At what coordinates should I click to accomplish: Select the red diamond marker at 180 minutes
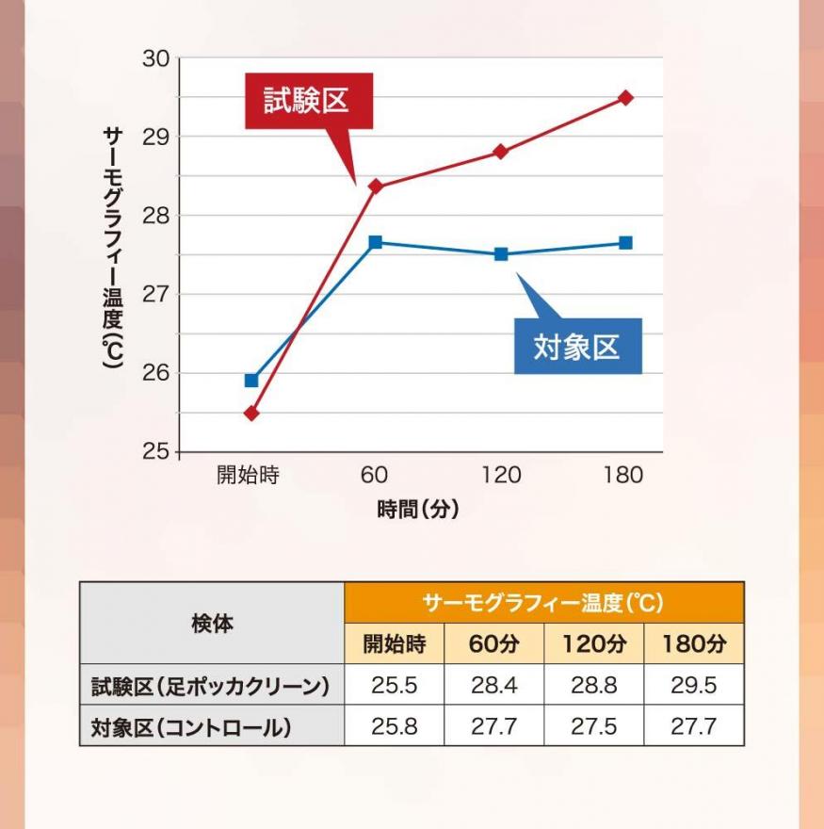coord(625,98)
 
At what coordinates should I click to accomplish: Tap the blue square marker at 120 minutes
coord(501,254)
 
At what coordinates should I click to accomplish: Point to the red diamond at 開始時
coord(251,413)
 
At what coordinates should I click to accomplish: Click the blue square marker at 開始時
coord(251,381)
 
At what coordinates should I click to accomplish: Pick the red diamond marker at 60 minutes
coord(375,187)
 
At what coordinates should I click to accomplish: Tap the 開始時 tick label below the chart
coord(249,475)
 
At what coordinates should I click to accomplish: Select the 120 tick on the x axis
coord(500,475)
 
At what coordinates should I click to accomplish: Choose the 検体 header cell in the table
coord(212,623)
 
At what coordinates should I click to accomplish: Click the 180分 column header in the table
coord(693,644)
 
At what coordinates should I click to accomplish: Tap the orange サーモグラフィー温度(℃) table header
coord(543,602)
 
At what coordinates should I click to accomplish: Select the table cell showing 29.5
coord(693,685)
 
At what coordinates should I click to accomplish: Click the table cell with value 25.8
coord(394,727)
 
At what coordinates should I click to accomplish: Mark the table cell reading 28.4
coord(493,685)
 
